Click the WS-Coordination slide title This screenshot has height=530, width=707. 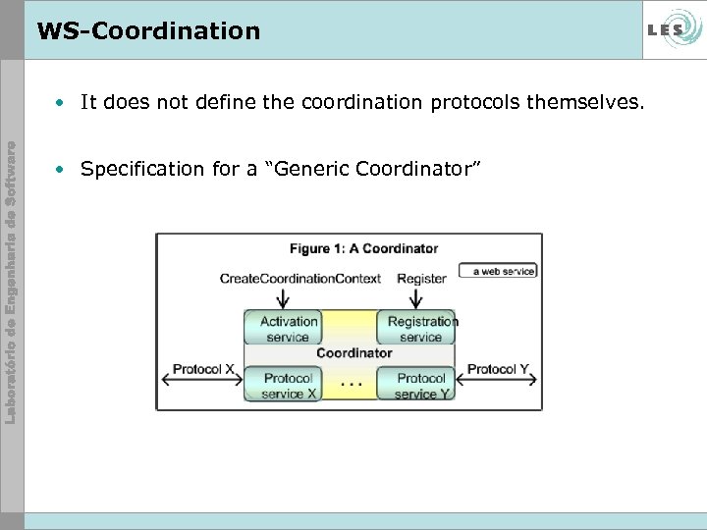point(148,30)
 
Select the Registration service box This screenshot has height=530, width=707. point(420,329)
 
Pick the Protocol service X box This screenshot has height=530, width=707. point(288,385)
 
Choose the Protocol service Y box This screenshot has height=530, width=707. point(420,385)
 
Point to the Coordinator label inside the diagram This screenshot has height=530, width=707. point(353,352)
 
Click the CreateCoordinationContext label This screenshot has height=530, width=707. point(299,279)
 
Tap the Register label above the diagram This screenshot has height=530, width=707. point(421,279)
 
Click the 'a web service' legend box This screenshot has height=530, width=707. point(498,270)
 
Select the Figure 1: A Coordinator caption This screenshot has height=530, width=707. point(363,248)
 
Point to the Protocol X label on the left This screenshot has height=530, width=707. point(203,370)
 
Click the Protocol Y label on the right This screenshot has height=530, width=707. point(499,370)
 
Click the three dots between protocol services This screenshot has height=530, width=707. point(351,385)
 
